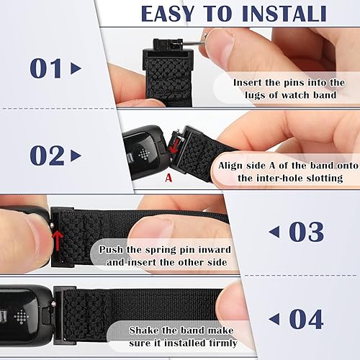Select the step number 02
[x=47, y=155]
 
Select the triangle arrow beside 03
[x=274, y=232]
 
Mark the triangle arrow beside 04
[x=274, y=318]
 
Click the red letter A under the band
[x=168, y=176]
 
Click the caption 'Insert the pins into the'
[x=289, y=82]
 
